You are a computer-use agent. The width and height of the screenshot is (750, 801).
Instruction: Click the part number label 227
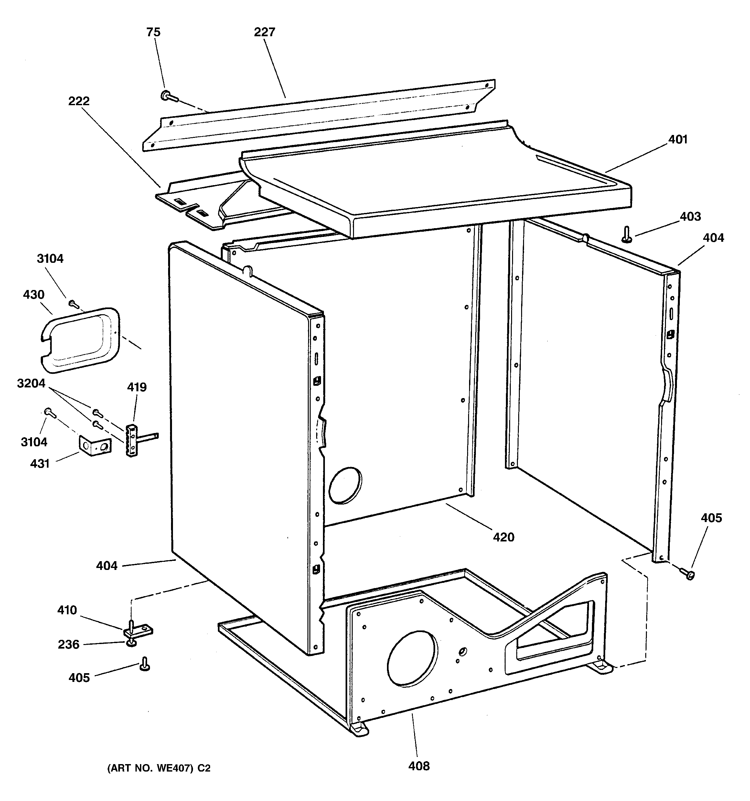click(x=264, y=32)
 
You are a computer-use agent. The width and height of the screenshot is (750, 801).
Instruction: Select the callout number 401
click(x=678, y=139)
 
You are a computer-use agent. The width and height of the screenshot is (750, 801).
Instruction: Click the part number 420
click(x=504, y=537)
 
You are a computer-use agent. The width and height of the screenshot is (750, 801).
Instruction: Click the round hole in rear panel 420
click(x=345, y=485)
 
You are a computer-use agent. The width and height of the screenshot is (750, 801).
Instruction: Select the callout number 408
click(x=419, y=766)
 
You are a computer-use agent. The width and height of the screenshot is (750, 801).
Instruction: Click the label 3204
click(x=31, y=383)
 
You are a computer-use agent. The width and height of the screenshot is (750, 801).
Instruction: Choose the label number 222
click(x=79, y=101)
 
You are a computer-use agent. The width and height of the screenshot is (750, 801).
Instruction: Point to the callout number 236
click(x=69, y=645)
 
